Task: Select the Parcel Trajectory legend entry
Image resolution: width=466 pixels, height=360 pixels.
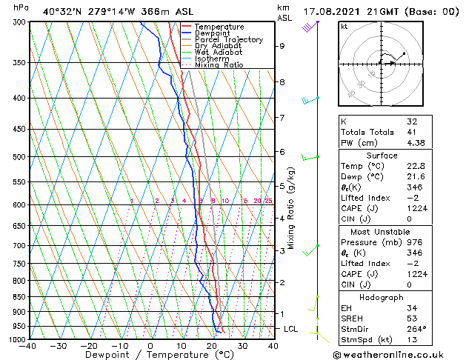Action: click(x=228, y=39)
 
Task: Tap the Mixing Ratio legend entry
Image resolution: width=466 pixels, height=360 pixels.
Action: click(x=219, y=65)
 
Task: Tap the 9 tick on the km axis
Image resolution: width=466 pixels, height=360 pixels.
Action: click(x=282, y=46)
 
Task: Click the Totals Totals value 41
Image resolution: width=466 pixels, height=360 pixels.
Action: click(x=412, y=132)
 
